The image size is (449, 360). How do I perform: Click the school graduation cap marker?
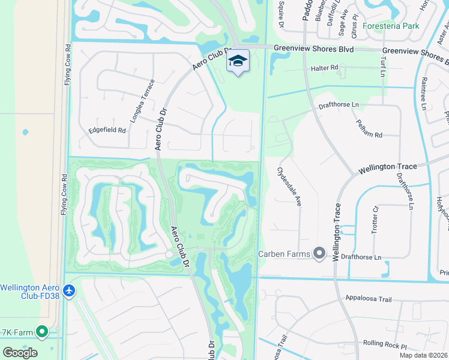(x=238, y=61)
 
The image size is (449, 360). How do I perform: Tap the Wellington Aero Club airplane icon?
(x=70, y=290)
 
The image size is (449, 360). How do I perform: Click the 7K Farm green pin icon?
(x=41, y=331)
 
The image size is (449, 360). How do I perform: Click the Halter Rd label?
(x=324, y=68)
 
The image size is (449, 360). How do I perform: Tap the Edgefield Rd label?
(x=107, y=130)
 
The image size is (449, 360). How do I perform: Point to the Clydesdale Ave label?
(x=288, y=187)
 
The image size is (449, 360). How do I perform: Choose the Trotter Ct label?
(x=375, y=221)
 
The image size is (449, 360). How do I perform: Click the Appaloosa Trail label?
(x=368, y=299)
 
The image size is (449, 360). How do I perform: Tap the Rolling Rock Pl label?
(x=385, y=346)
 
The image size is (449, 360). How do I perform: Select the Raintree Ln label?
(x=424, y=93)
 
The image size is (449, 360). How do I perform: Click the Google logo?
(x=20, y=353)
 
